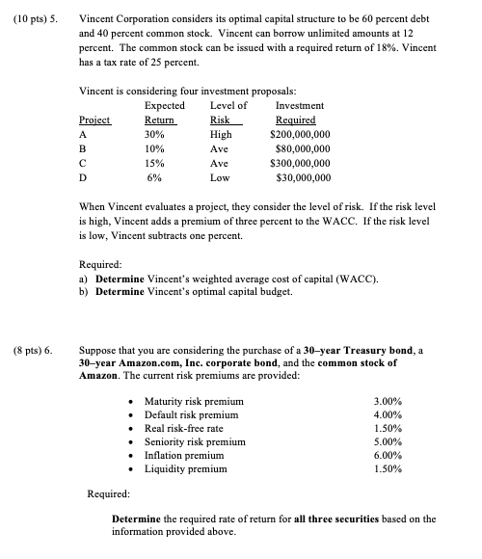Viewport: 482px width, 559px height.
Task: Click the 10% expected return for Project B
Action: tap(154, 150)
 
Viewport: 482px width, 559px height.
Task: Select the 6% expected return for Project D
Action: tap(154, 179)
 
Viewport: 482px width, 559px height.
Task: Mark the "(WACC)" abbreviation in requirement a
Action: tap(344, 279)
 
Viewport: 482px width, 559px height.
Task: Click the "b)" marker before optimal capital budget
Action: tap(83, 291)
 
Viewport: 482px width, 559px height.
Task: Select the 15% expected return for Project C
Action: tap(154, 165)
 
